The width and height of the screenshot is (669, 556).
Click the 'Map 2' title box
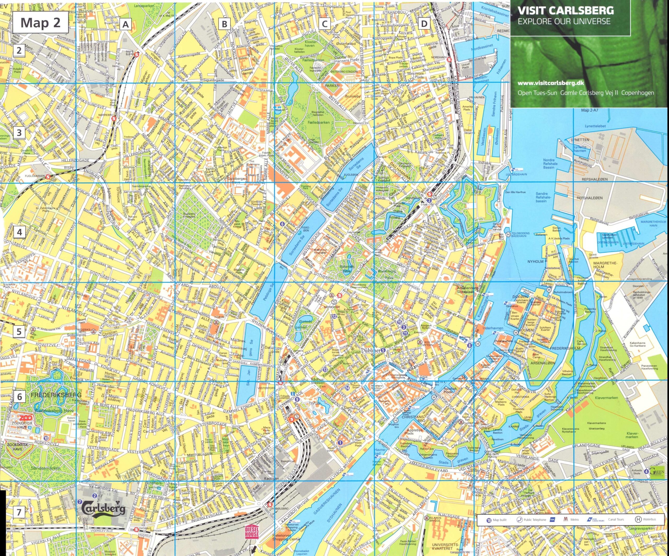[41, 23]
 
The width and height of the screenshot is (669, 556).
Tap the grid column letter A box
[126, 24]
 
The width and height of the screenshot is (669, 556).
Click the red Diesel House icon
[252, 531]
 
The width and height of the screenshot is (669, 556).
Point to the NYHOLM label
[535, 262]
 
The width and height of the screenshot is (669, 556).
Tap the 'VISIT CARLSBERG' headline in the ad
[566, 10]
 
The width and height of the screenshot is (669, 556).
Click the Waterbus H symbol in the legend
[638, 519]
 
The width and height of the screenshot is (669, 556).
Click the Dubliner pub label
[372, 350]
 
